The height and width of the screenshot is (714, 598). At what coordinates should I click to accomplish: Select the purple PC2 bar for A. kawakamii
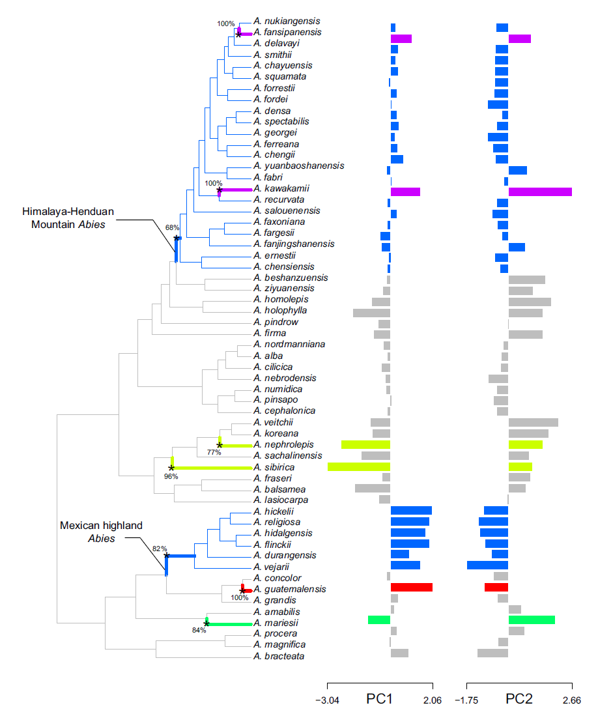[540, 192]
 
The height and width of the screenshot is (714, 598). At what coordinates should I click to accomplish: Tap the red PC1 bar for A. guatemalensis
[411, 587]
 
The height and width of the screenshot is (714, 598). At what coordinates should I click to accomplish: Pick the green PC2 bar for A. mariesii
[532, 620]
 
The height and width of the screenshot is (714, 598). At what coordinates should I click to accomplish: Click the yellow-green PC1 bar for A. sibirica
[359, 466]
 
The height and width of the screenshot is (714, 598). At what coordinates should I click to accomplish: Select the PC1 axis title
[379, 699]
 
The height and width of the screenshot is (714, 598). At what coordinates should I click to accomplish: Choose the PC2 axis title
[519, 699]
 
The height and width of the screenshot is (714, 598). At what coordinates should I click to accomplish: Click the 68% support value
[172, 228]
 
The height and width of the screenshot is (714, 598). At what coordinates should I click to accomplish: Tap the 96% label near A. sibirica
[171, 476]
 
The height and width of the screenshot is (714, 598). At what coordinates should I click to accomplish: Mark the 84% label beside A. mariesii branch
[198, 630]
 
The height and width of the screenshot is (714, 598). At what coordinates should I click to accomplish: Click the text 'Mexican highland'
[101, 525]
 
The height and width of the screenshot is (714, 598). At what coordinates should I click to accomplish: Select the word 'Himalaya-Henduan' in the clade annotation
[63, 212]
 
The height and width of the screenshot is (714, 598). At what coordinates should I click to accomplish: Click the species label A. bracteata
[279, 656]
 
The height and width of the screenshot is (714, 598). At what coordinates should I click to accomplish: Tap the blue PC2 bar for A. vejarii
[487, 565]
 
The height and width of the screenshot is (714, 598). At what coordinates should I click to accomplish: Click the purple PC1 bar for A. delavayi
[401, 39]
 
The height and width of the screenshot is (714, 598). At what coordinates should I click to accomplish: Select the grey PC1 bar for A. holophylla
[371, 313]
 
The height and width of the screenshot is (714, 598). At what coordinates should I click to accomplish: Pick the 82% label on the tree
[160, 549]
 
